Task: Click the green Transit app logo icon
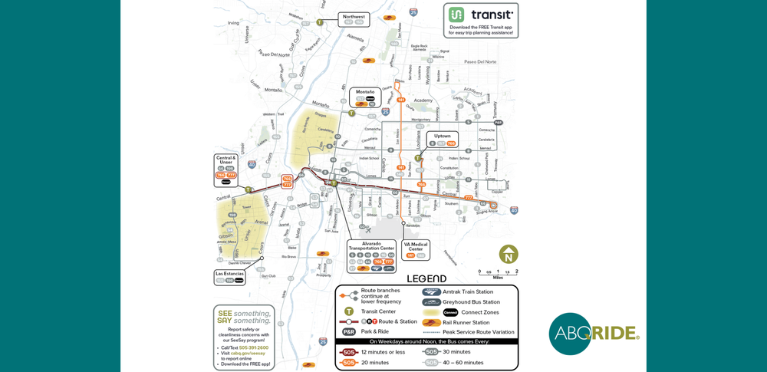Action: point(456,15)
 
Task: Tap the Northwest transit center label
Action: point(354,16)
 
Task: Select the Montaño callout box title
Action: point(365,92)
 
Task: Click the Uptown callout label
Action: point(443,136)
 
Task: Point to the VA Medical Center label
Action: point(416,246)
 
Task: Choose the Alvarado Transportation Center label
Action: point(371,246)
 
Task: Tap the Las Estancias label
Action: point(229,273)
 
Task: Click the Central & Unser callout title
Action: point(225,160)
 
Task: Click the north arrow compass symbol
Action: point(508,255)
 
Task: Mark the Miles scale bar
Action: point(498,271)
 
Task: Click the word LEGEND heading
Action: point(426,279)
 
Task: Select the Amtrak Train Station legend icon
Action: point(432,291)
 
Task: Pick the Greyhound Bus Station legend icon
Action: point(432,302)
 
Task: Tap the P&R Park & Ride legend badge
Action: point(349,332)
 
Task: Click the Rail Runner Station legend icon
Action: point(432,323)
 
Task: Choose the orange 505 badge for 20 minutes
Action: point(349,362)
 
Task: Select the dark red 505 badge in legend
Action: point(349,352)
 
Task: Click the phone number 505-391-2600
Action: point(253,347)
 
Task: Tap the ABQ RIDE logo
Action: point(593,334)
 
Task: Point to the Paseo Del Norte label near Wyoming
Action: point(481,61)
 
